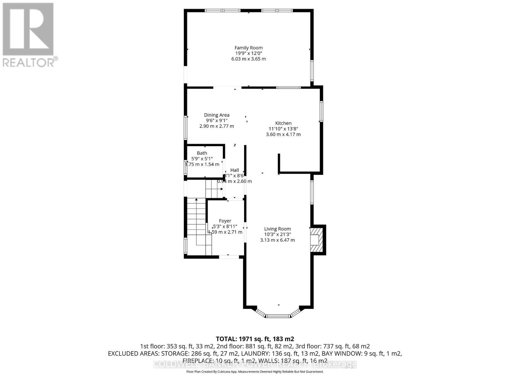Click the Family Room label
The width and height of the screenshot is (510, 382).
click(249, 48)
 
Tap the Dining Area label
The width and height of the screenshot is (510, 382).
click(217, 115)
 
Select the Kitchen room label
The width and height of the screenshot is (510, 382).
click(283, 123)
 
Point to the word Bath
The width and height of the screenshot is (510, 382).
click(202, 153)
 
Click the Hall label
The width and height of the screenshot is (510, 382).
click(235, 170)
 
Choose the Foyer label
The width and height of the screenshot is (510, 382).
click(225, 221)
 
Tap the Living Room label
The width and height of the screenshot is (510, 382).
click(277, 229)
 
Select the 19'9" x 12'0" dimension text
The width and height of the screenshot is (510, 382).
click(249, 53)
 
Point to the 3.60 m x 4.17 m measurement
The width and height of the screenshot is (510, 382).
click(283, 134)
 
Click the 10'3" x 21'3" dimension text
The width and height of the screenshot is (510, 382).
click(277, 234)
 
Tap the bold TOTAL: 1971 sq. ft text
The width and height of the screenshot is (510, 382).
click(255, 339)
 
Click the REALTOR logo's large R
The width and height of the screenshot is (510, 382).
click(28, 29)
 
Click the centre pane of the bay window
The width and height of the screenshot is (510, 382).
click(278, 316)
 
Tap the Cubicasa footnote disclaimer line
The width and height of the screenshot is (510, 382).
click(255, 371)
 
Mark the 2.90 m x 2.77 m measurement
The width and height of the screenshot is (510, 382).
click(217, 126)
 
